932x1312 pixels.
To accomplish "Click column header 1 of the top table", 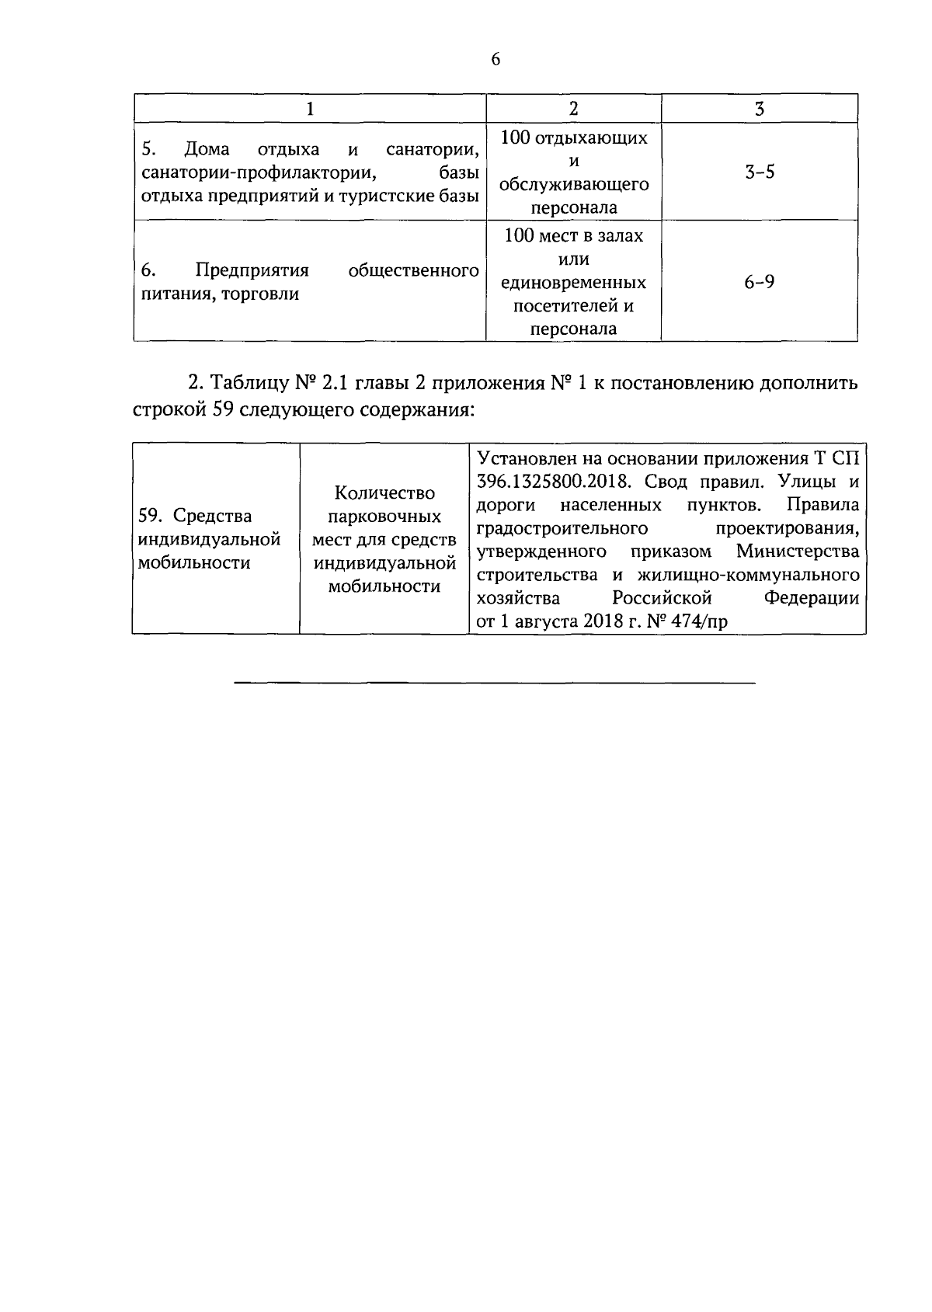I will click(x=310, y=109).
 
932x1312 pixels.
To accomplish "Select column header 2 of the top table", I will click(x=573, y=109).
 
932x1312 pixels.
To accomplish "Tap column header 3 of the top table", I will click(x=759, y=109).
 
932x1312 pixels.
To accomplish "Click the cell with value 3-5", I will click(x=759, y=172).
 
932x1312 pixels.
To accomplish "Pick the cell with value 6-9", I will click(x=759, y=282).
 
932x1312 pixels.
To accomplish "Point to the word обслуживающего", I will click(x=573, y=185).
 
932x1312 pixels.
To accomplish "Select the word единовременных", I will click(x=573, y=283).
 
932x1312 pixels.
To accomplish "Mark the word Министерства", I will click(x=798, y=552).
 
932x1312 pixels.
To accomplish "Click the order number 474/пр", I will click(x=697, y=621).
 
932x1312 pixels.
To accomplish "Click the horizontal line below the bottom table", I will click(x=495, y=684).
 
